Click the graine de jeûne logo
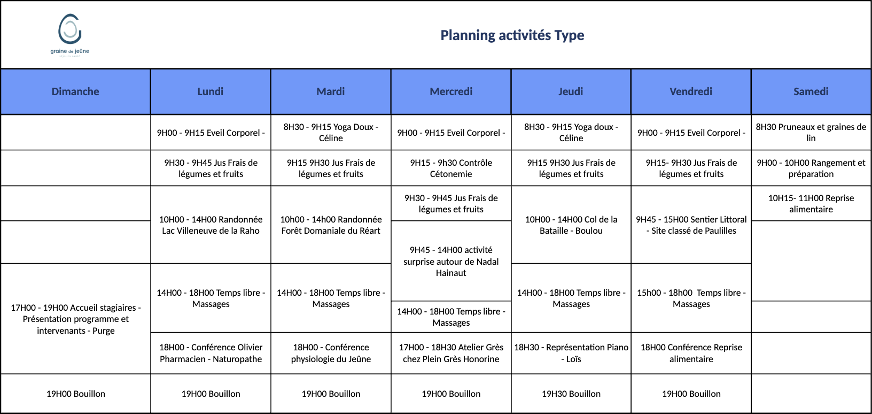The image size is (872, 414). click(69, 34)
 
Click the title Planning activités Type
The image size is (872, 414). click(512, 35)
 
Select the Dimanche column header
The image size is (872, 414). click(75, 91)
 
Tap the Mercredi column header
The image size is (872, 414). click(451, 91)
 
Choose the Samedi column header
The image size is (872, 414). click(811, 91)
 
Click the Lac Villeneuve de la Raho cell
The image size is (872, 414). click(211, 225)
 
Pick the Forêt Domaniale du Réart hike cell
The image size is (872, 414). click(331, 225)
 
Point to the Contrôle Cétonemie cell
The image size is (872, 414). click(451, 168)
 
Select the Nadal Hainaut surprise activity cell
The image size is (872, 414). click(451, 261)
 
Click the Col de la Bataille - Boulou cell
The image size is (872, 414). click(571, 225)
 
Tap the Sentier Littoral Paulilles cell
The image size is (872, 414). click(691, 225)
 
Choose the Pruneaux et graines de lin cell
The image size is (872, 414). click(811, 132)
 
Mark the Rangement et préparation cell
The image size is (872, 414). click(811, 168)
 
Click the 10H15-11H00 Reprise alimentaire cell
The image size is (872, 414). click(811, 203)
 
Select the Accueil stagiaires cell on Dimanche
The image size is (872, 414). click(75, 319)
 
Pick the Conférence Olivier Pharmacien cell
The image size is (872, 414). click(211, 353)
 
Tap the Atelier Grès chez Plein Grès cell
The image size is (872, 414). click(451, 353)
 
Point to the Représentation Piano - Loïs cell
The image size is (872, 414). click(571, 353)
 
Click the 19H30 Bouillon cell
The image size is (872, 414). click(571, 394)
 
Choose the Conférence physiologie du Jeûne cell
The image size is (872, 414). click(331, 353)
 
